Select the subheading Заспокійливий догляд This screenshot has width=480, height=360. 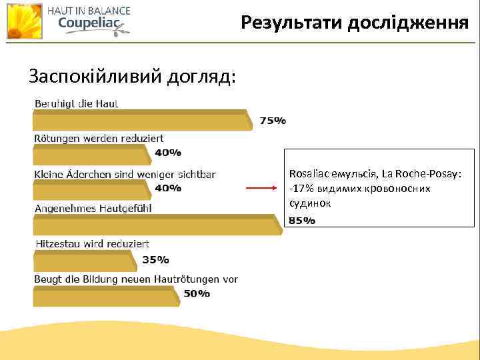132,77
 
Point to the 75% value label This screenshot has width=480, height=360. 273,121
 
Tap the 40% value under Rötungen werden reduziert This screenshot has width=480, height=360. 168,153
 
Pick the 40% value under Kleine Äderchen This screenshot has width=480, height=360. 168,188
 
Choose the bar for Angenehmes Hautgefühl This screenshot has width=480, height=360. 157,224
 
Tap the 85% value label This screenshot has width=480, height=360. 302,221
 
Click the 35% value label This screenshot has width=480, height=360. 155,260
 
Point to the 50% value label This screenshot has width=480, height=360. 197,294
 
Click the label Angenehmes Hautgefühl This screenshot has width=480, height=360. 93,208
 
